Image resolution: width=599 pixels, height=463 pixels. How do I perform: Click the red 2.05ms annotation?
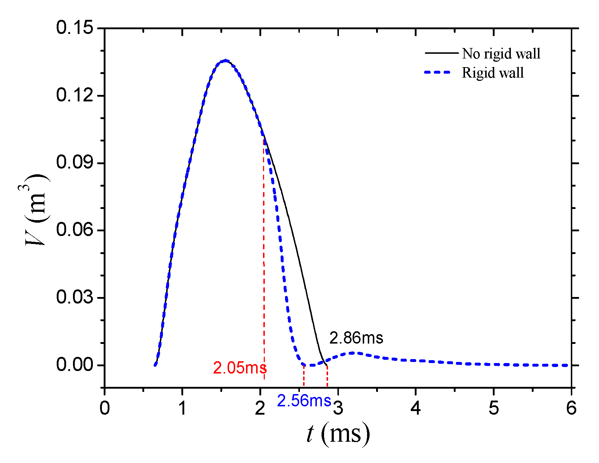240,368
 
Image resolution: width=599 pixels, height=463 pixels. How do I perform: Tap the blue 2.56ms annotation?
304,401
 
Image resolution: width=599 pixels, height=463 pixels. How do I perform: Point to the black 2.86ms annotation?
356,338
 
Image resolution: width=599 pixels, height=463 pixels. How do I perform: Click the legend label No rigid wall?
501,54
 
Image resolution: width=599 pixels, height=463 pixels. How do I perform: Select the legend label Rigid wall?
493,73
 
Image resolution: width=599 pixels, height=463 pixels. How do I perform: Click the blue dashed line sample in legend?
438,73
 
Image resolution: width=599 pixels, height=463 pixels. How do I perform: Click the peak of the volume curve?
225,61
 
